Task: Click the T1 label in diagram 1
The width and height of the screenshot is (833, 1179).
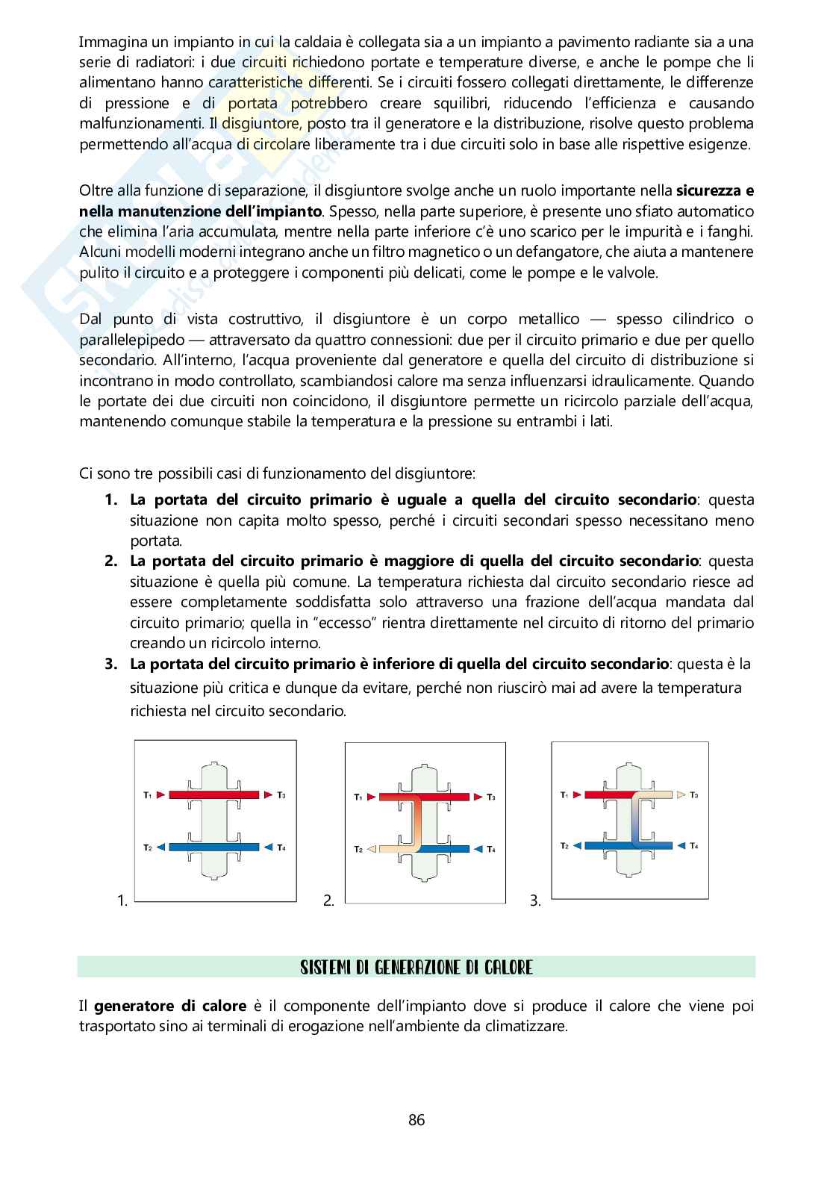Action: point(147,794)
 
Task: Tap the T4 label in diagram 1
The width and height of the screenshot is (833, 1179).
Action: point(281,847)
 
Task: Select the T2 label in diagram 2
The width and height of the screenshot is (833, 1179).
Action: point(358,850)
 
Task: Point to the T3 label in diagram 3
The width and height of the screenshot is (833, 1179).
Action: point(694,794)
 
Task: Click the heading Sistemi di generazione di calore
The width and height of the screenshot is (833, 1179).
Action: point(416,968)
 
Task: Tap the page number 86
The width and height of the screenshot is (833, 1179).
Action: point(416,1120)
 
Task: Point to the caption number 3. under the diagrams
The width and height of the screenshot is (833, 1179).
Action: point(535,901)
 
